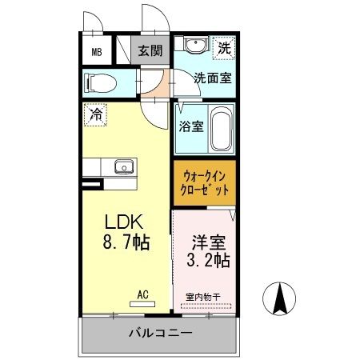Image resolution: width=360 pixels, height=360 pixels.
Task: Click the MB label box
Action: click(x=97, y=54)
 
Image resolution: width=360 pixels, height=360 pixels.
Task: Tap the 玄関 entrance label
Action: click(x=149, y=51)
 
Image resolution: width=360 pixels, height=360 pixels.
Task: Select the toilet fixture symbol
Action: click(x=102, y=82)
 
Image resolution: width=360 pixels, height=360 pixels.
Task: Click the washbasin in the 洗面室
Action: click(x=193, y=46)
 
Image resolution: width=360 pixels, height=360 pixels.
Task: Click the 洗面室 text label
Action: click(x=212, y=78)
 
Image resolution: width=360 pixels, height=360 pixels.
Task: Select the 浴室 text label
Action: click(x=190, y=126)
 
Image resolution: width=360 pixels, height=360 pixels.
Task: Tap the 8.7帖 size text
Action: click(x=126, y=240)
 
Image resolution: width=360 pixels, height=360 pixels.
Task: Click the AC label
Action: click(x=142, y=294)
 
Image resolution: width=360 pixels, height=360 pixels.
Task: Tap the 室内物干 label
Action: click(x=207, y=296)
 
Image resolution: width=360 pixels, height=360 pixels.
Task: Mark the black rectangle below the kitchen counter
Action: click(x=93, y=185)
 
